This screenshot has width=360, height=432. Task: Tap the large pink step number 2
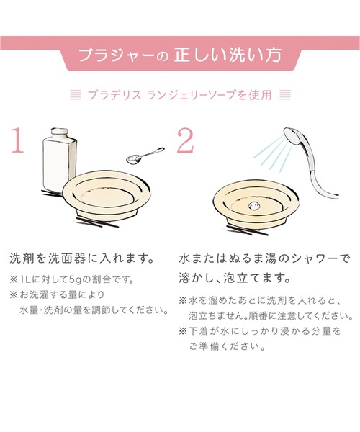[x=184, y=143]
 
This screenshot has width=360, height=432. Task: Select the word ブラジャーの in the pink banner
[x=123, y=56]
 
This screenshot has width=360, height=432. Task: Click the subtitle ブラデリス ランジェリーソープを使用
[x=180, y=94]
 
